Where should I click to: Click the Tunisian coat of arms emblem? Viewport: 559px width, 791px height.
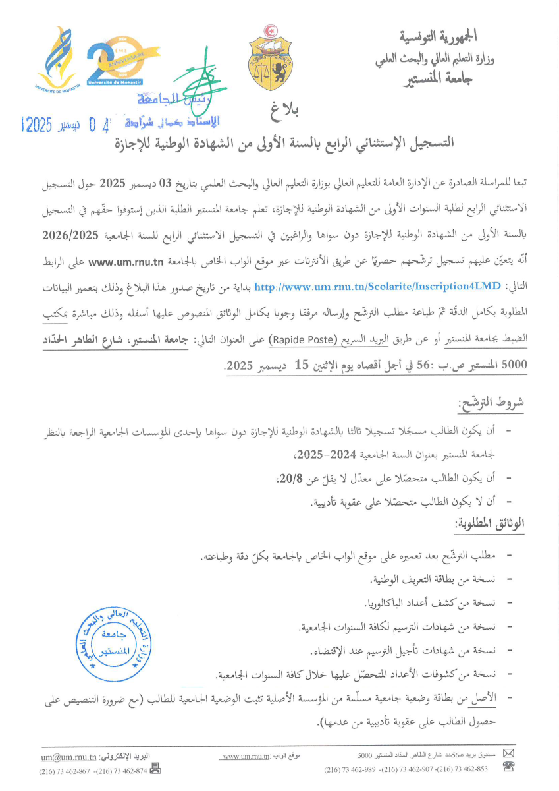tap(269, 60)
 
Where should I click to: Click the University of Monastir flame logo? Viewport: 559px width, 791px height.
tap(53, 59)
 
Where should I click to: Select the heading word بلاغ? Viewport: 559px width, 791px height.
tap(284, 112)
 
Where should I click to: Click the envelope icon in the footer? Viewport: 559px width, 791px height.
tap(508, 753)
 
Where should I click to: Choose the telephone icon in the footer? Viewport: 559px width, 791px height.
tap(508, 767)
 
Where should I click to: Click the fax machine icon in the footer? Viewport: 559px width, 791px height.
tap(156, 768)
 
